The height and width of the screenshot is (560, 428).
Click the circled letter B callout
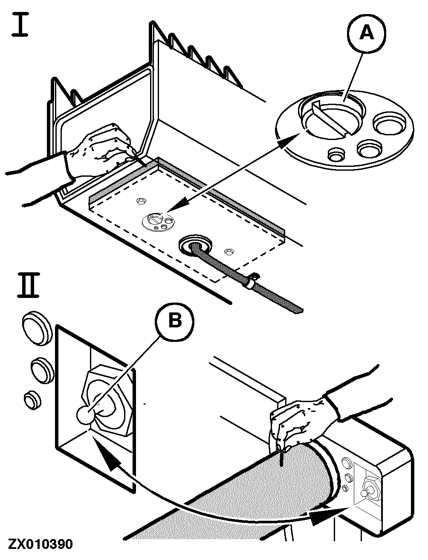pos(175,321)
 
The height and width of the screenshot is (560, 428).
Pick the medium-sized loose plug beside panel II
pos(41,369)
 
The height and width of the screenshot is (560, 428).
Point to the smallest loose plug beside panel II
pos(32,400)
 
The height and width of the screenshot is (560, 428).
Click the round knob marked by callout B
pos(85,414)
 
